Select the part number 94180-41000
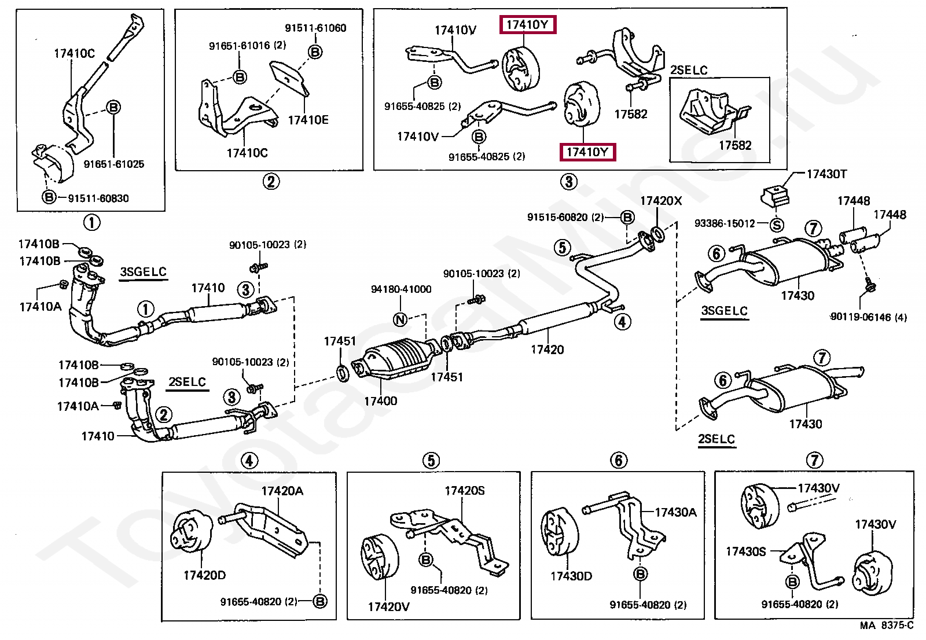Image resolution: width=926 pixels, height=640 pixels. [400, 289]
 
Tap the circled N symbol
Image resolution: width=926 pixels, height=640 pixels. [400, 319]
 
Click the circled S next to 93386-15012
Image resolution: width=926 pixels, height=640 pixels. [777, 225]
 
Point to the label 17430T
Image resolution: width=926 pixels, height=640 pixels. [826, 174]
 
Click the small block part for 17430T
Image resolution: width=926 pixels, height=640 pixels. [774, 195]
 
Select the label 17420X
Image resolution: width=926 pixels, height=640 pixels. [660, 201]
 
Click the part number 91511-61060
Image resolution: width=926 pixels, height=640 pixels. [315, 28]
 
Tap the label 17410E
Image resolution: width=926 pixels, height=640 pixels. [308, 120]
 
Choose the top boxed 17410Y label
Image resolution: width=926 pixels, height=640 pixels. [527, 25]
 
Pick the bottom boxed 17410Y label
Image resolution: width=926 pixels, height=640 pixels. [587, 152]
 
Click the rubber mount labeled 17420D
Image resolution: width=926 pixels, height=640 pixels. [188, 532]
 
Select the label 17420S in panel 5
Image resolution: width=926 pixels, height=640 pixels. [464, 491]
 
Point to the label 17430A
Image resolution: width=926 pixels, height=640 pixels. [675, 512]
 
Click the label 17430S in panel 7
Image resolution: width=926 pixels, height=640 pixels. [745, 551]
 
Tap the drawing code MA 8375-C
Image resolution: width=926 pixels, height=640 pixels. [886, 626]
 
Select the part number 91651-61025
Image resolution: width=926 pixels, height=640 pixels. [113, 164]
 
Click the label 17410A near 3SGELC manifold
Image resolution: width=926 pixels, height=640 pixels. [40, 307]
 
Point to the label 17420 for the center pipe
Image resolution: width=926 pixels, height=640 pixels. [547, 350]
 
